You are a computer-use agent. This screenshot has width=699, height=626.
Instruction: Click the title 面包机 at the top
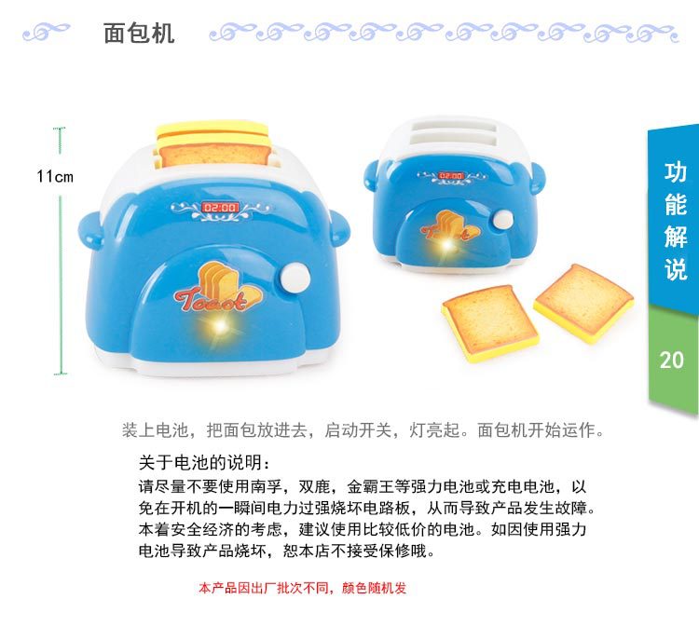click(x=139, y=34)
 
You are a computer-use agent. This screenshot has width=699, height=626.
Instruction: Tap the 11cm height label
click(x=55, y=176)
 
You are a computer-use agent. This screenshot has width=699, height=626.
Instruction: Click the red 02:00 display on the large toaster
click(x=221, y=208)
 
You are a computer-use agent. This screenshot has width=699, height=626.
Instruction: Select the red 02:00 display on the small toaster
click(x=451, y=175)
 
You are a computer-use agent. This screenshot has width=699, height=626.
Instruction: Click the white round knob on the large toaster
click(x=295, y=279)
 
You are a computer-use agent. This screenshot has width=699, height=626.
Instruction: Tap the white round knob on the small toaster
click(x=503, y=220)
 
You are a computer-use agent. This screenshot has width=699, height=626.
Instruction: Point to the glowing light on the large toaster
click(x=220, y=328)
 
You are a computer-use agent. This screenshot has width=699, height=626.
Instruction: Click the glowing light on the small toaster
click(x=445, y=244)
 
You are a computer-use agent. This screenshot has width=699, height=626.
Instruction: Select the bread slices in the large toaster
click(x=212, y=143)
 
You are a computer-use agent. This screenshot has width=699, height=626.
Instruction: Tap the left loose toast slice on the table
click(x=490, y=322)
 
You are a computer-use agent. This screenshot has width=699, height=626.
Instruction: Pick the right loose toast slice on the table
click(x=584, y=303)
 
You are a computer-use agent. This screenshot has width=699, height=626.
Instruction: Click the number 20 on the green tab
click(x=671, y=360)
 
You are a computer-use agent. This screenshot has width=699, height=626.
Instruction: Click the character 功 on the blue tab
click(x=675, y=173)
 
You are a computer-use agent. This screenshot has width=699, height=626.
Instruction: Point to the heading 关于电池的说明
click(x=204, y=462)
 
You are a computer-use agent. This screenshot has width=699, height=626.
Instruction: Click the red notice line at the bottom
click(x=303, y=588)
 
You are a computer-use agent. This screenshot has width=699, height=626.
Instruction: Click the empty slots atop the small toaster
click(x=454, y=132)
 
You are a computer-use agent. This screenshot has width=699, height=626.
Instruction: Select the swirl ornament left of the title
click(x=47, y=32)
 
